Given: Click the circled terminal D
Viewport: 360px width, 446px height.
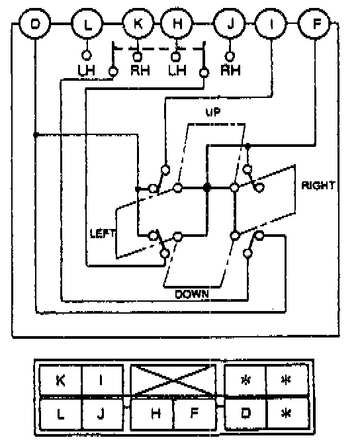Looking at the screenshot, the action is point(34,24).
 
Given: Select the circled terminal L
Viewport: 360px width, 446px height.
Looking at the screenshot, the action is point(87,24).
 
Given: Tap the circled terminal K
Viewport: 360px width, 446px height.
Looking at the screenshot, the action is point(138,24).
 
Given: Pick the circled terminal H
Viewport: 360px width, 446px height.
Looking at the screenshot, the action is point(177,24).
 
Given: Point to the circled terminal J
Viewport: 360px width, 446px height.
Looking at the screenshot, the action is point(230,24).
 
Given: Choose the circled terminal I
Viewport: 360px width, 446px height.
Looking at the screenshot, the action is point(271,24).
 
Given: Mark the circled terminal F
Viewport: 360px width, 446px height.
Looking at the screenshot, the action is point(314,24).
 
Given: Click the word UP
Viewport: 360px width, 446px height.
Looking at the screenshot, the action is point(213,112).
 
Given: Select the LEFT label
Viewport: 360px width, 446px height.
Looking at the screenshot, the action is point(103,233).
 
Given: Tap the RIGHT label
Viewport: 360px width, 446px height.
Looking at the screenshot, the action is point(318,185).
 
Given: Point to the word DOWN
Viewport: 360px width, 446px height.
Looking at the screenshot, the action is point(192,294).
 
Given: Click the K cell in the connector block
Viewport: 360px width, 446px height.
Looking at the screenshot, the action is point(61,380).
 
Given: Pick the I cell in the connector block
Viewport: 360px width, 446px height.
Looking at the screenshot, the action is point(103,380).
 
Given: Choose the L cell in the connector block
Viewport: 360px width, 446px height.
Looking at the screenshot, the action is point(61,414).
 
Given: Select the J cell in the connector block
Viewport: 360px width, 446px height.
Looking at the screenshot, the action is point(103,414).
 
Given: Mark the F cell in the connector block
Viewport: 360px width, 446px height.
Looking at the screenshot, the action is point(195,414).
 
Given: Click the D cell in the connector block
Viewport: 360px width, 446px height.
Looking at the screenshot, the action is point(246,413).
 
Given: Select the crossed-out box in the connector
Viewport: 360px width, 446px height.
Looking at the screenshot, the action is point(173,380).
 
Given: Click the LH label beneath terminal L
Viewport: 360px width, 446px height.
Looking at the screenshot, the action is point(87,70).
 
